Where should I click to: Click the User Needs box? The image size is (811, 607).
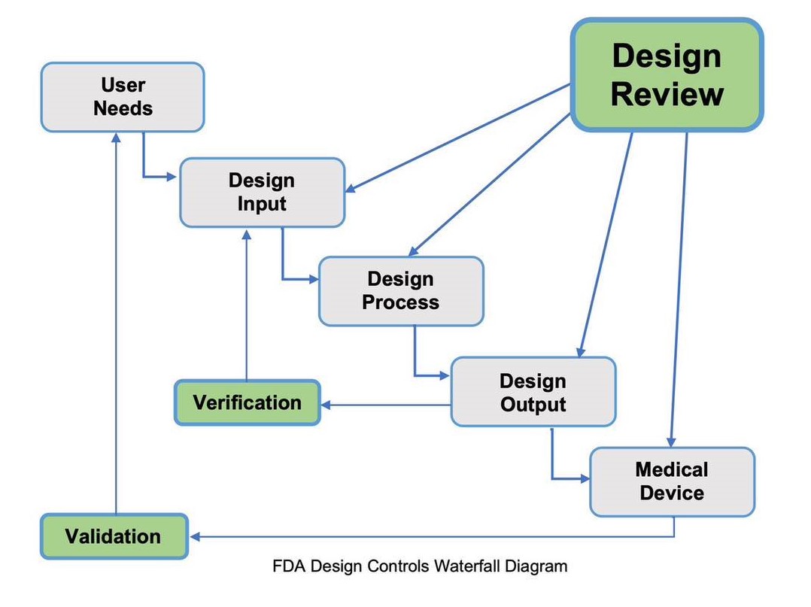[x=123, y=97]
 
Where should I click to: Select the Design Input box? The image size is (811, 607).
[x=263, y=193]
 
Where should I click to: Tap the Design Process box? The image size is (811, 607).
[x=402, y=291]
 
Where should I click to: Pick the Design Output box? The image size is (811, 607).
[x=533, y=391]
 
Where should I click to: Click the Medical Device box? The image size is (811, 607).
[x=673, y=481]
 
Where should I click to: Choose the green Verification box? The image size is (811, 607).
[x=248, y=402]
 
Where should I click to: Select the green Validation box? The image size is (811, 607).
[x=114, y=536]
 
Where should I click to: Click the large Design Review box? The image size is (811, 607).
[x=667, y=75]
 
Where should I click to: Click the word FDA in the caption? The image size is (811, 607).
[x=289, y=566]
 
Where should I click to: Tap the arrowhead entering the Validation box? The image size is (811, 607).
[x=195, y=537]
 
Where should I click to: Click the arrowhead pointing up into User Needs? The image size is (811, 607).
[x=117, y=138]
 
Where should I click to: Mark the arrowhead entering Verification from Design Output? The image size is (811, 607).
[x=327, y=405]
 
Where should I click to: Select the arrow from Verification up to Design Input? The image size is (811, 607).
[x=247, y=305]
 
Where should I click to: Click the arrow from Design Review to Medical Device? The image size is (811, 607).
[x=679, y=290]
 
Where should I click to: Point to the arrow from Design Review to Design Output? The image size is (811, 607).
[x=605, y=244]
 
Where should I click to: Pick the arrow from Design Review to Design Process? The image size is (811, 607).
[x=489, y=185]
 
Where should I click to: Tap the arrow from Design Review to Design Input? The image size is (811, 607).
[x=457, y=138]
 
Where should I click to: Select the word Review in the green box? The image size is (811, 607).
[x=667, y=95]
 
